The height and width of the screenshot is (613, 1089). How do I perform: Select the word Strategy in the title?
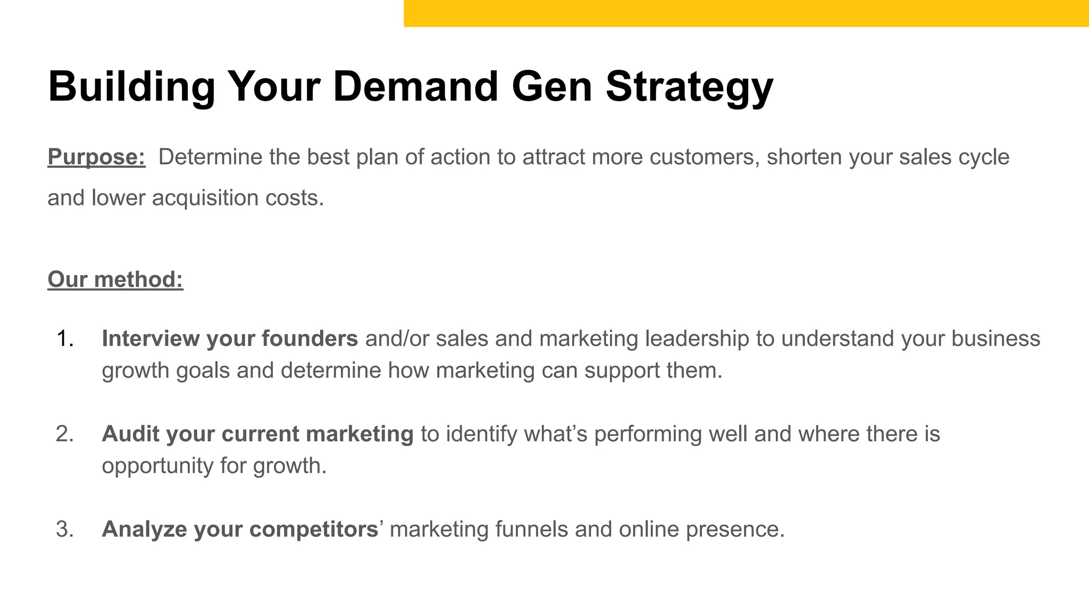(x=689, y=86)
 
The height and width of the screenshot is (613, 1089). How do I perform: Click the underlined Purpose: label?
(x=96, y=157)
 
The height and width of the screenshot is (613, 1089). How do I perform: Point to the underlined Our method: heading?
(x=115, y=279)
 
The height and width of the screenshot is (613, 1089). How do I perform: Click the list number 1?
(x=64, y=339)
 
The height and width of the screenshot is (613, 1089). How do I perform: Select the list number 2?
(x=64, y=434)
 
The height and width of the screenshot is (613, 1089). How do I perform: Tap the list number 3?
(x=64, y=529)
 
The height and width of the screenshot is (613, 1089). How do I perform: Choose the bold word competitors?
(x=313, y=529)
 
